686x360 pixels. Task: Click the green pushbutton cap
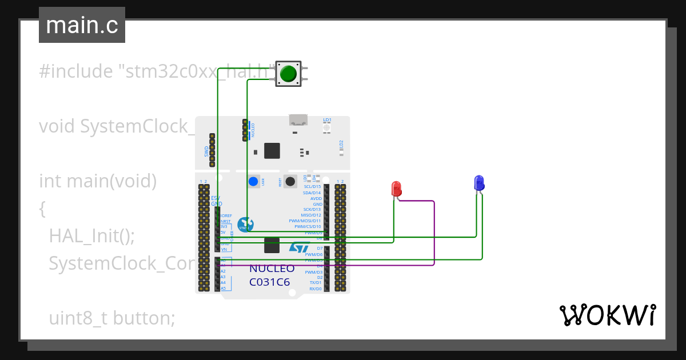tap(288, 74)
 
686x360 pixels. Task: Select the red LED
tap(396, 188)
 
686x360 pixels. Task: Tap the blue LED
tap(479, 183)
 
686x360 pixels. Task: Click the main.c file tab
tap(82, 25)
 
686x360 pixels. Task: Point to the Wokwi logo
tap(607, 315)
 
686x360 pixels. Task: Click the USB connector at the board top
tap(298, 120)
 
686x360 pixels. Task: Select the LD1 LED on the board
tap(327, 127)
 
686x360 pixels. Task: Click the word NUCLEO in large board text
tap(272, 269)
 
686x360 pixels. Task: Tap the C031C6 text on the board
tap(269, 282)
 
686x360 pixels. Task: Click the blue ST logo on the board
tap(299, 247)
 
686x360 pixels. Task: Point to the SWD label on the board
tap(206, 151)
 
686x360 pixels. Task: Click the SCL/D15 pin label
tap(312, 186)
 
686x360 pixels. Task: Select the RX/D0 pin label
tap(315, 289)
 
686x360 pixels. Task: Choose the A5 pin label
tap(223, 289)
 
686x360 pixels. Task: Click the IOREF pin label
tap(226, 215)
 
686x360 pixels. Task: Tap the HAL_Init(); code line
tap(91, 235)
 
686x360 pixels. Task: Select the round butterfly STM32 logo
tap(245, 224)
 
